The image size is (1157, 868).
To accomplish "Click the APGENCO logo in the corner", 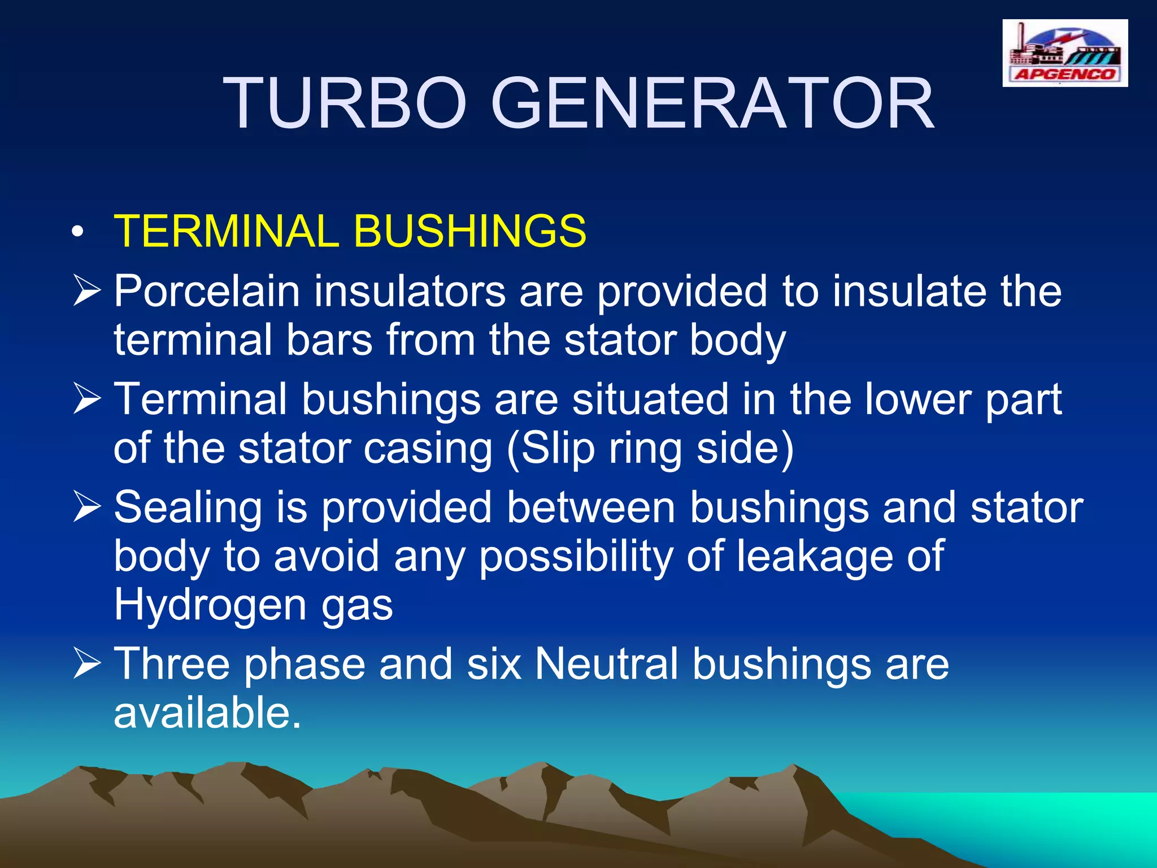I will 1065,53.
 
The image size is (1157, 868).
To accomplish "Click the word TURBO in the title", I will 345,105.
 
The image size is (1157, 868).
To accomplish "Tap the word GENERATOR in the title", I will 712,105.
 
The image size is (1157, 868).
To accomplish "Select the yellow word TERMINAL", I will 226,231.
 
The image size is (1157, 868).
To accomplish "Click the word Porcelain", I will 207,292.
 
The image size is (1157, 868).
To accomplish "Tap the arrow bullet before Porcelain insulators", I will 87,292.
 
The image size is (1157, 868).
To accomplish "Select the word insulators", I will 410,292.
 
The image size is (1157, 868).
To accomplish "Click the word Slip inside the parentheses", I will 556,449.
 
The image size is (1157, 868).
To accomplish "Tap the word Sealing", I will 188,507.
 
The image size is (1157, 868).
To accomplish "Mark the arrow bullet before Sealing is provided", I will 87,507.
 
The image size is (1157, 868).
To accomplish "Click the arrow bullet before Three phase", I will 87,664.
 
